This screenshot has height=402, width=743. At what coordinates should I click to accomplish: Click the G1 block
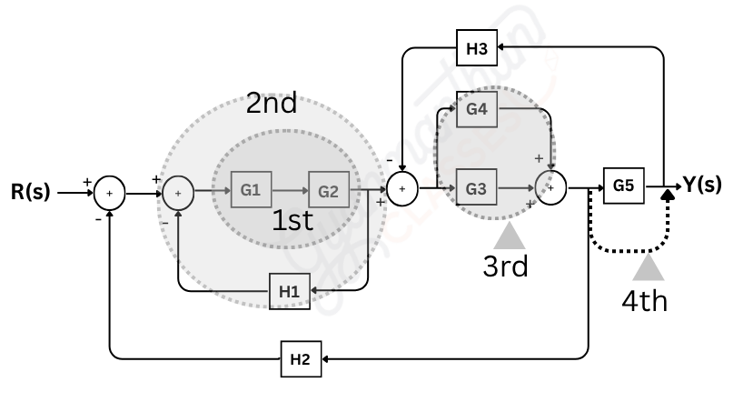click(x=251, y=191)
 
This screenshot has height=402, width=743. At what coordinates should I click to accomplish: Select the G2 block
click(x=328, y=191)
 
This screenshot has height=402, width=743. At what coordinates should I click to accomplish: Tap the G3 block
click(x=476, y=189)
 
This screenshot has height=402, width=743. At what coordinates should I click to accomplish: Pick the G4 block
click(x=476, y=109)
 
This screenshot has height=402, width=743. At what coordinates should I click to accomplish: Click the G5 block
click(x=623, y=185)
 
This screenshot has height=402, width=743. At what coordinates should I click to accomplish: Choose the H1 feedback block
click(x=288, y=292)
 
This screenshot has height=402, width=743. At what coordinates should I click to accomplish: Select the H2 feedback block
click(x=300, y=359)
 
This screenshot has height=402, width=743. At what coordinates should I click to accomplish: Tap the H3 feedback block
click(x=476, y=50)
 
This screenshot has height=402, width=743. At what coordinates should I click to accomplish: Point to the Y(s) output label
click(x=702, y=185)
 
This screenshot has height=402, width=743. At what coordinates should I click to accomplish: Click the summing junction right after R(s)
click(x=110, y=193)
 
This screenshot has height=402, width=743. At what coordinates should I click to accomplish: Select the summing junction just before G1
click(x=179, y=193)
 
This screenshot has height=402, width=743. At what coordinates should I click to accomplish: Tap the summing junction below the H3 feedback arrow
click(x=401, y=189)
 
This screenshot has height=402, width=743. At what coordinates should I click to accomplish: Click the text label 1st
click(x=292, y=221)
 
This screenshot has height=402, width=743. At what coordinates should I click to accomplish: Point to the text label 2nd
click(x=272, y=104)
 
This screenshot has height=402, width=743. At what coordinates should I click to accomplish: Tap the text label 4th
click(x=645, y=300)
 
